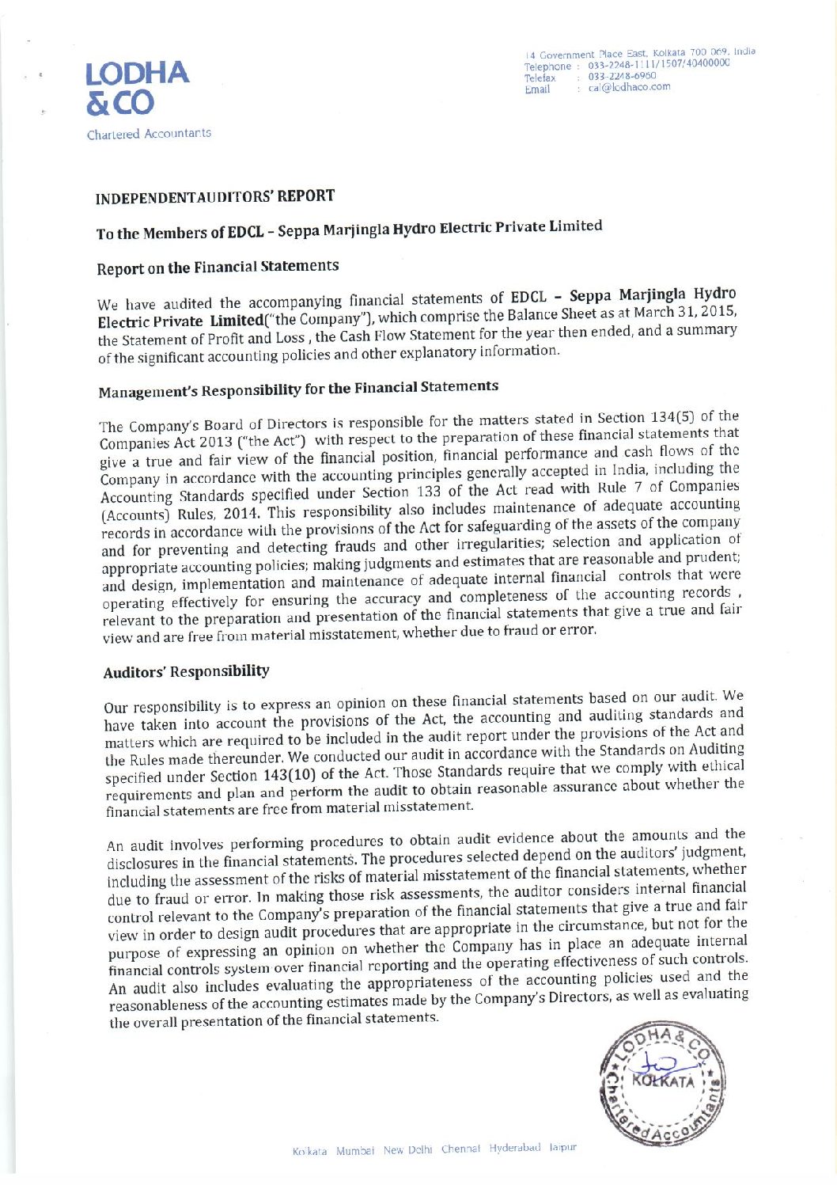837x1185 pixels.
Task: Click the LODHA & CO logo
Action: (137, 88)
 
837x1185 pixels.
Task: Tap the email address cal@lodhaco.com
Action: (629, 87)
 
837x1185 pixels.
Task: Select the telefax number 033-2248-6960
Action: (622, 76)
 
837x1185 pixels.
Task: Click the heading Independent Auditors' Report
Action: (214, 197)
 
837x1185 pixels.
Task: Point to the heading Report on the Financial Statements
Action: (218, 267)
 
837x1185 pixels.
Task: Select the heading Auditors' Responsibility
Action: (186, 672)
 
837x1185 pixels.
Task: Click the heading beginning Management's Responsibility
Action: (298, 389)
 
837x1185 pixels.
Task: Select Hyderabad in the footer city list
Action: (514, 1148)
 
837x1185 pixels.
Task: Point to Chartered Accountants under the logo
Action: (149, 135)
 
